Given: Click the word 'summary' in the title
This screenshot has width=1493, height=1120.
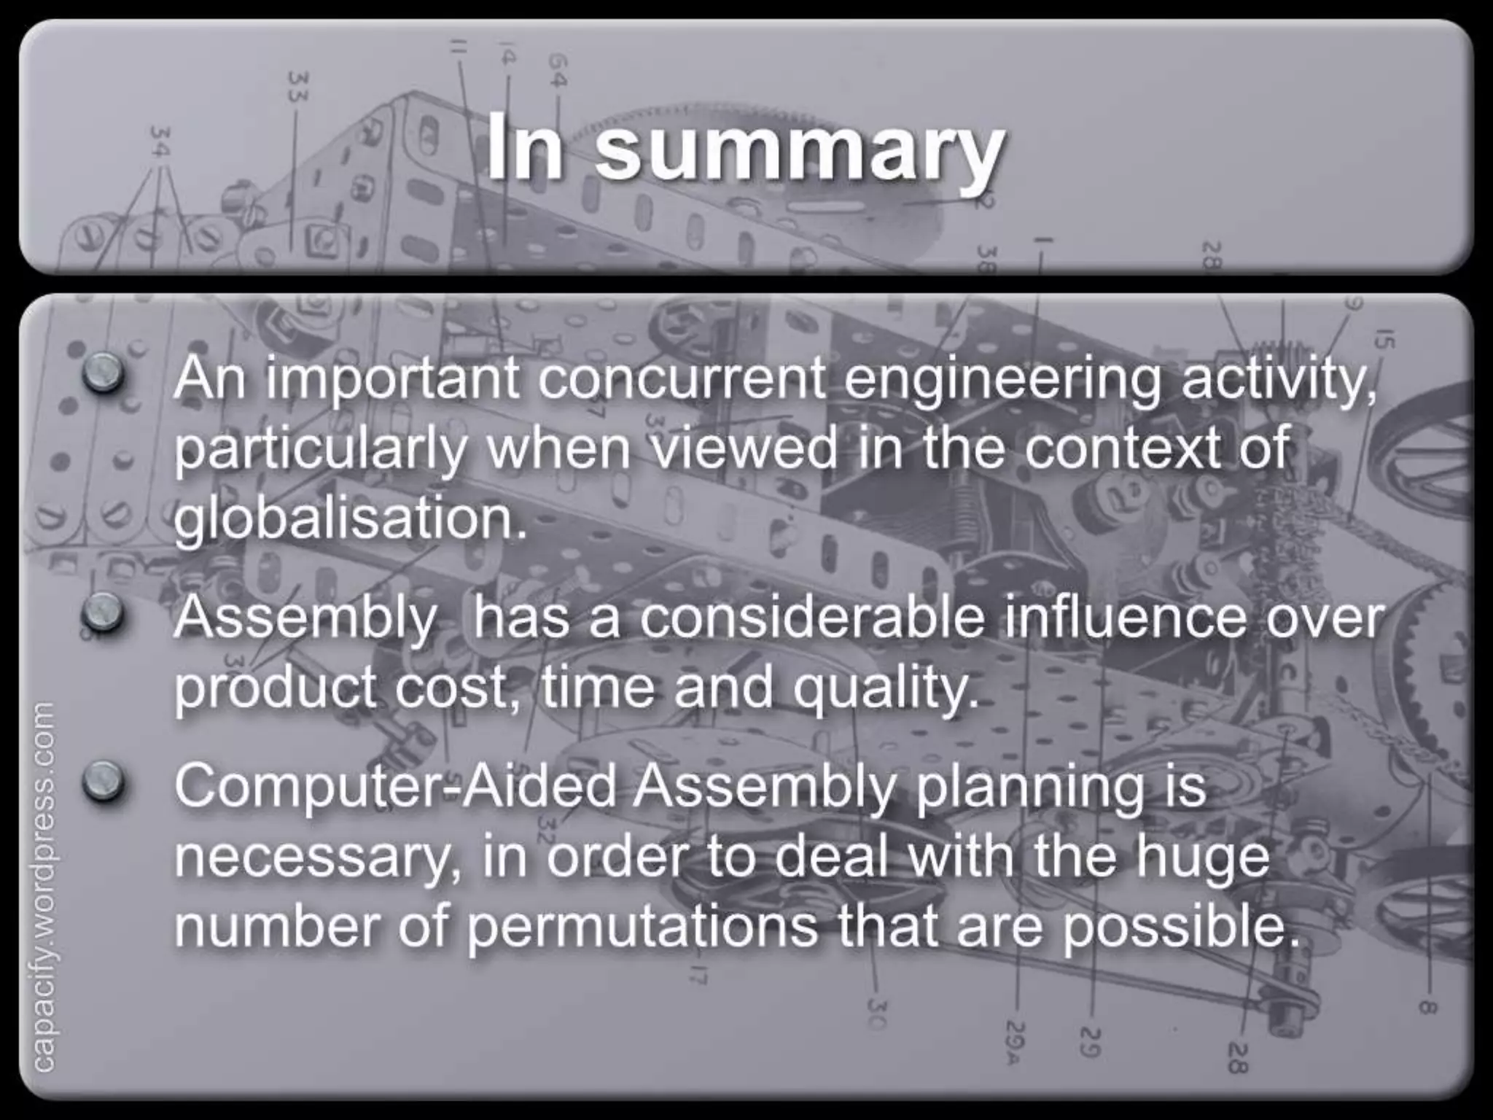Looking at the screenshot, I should point(798,149).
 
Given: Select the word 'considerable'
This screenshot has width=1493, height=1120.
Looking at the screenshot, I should point(811,618).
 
